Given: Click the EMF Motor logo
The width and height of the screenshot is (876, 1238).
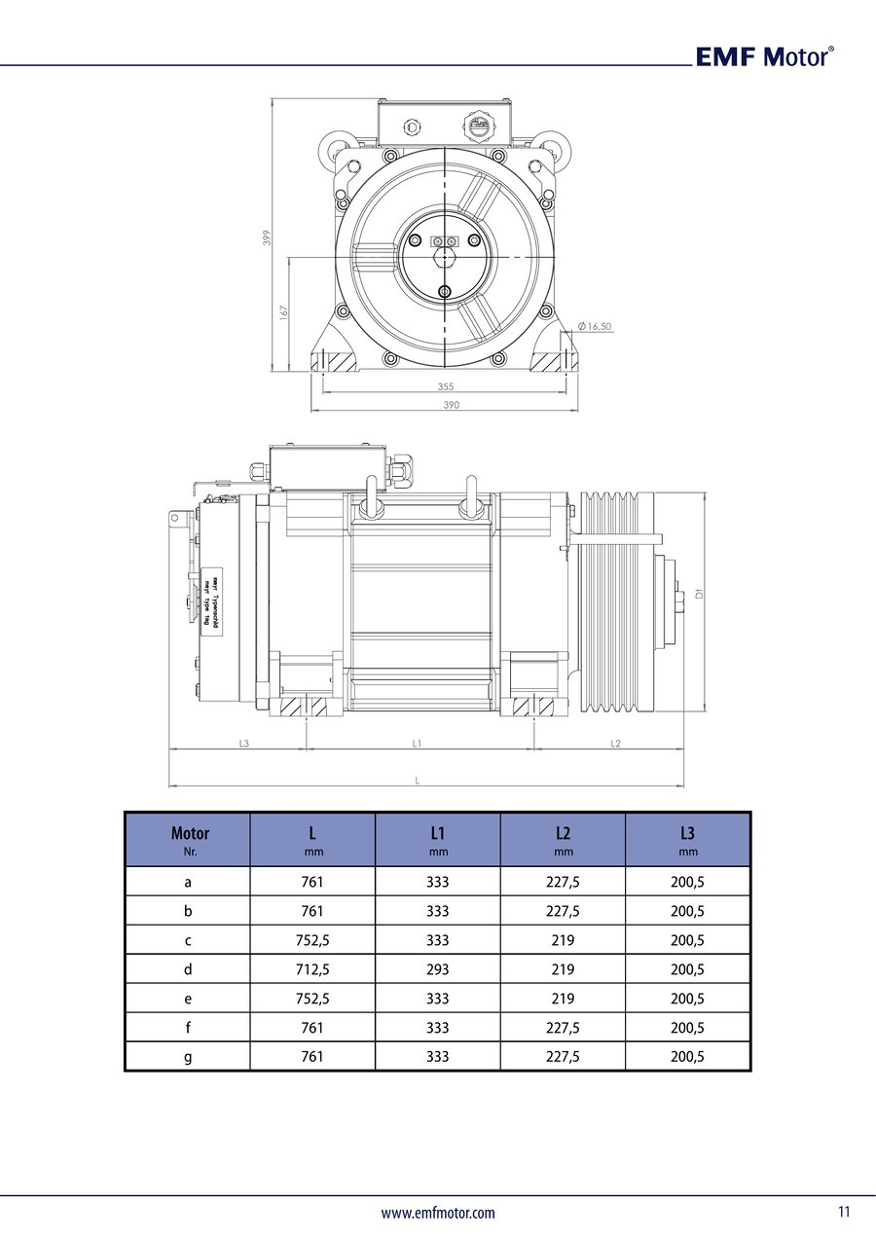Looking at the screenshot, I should click(x=764, y=56).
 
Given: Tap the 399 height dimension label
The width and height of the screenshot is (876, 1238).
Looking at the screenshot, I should click(x=266, y=237).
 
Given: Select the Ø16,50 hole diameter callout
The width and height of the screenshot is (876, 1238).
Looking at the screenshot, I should click(x=595, y=327).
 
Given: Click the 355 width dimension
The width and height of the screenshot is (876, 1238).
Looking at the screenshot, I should click(x=445, y=386).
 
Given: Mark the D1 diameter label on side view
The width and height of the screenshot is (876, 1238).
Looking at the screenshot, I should click(x=700, y=593).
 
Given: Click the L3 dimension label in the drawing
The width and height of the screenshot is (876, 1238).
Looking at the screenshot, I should click(x=243, y=744).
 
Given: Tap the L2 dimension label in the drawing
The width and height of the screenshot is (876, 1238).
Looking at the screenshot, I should click(x=615, y=744).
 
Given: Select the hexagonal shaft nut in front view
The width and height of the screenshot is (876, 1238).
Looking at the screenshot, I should click(x=445, y=259).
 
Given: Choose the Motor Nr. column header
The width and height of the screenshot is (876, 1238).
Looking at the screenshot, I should click(x=189, y=839).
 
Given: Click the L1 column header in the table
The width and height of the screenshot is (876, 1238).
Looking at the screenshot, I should click(x=438, y=839).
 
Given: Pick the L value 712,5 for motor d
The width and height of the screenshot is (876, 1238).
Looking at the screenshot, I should click(x=312, y=969).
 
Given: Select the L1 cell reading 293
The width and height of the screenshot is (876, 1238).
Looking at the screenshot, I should click(x=438, y=969).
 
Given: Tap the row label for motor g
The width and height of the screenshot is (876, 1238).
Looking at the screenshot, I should click(x=188, y=1057).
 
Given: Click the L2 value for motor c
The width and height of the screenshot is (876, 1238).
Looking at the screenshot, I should click(x=563, y=940).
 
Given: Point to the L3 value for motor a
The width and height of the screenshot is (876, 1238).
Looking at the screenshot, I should click(x=687, y=882).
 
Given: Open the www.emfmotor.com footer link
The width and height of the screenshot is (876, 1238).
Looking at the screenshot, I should click(x=437, y=1213).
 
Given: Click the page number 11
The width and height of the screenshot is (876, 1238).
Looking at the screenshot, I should click(x=843, y=1212).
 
